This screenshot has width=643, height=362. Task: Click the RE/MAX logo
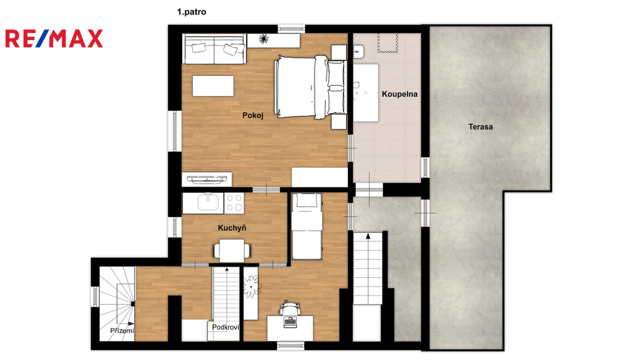pyautogui.click(x=54, y=38)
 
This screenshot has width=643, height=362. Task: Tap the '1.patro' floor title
pyautogui.click(x=192, y=12)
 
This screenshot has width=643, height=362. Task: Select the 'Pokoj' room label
pyautogui.click(x=252, y=116)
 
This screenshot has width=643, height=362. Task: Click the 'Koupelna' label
pyautogui.click(x=399, y=94)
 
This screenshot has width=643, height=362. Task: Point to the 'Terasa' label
pyautogui.click(x=480, y=127)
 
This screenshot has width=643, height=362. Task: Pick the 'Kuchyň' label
pyautogui.click(x=232, y=228)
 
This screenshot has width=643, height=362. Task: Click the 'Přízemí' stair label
pyautogui.click(x=122, y=331)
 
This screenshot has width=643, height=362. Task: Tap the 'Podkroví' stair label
pyautogui.click(x=225, y=327)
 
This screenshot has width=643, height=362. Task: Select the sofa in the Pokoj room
pyautogui.click(x=215, y=49)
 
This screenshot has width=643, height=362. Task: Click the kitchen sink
pyautogui.click(x=208, y=203)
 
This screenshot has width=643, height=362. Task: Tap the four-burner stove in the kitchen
pyautogui.click(x=234, y=203)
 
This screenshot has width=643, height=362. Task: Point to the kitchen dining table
pyautogui.click(x=232, y=250)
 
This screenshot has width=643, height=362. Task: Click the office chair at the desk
pyautogui.click(x=289, y=308)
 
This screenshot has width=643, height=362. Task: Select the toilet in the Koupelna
pyautogui.click(x=359, y=52)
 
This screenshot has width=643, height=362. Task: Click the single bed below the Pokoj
pyautogui.click(x=306, y=226)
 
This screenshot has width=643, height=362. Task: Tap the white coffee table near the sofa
pyautogui.click(x=213, y=85)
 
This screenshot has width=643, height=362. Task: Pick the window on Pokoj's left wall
pyautogui.click(x=175, y=131)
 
